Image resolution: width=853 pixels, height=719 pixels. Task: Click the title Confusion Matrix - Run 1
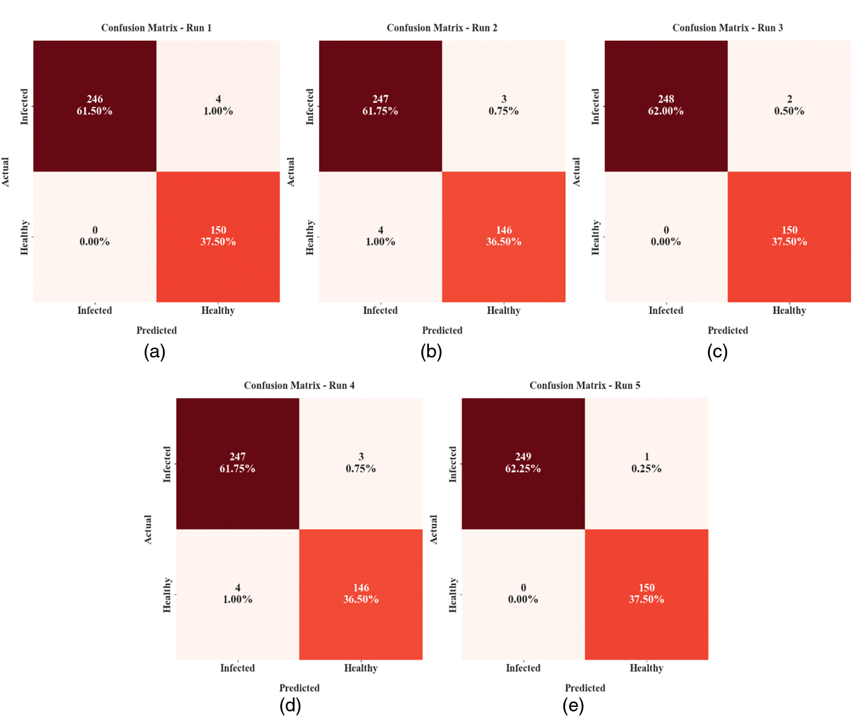156,28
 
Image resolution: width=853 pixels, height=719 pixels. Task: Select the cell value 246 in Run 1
94,99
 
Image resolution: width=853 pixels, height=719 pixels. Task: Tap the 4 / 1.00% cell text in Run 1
218,105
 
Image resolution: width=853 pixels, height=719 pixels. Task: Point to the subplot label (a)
154,352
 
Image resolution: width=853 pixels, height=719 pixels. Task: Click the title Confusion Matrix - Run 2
442,28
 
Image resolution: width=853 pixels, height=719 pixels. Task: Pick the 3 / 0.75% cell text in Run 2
503,105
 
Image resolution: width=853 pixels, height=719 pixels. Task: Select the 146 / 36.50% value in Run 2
503,236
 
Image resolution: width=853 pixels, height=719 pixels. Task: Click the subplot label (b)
431,352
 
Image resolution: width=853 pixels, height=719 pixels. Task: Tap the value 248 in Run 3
666,99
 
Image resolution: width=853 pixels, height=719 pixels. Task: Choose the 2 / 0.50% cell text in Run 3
789,105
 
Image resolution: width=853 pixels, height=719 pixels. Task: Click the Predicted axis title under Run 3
727,331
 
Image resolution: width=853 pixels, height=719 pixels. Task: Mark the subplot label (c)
717,352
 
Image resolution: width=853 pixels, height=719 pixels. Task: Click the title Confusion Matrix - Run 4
299,385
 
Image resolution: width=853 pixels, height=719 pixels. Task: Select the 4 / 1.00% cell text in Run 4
237,594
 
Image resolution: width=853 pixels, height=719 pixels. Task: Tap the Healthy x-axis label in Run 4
360,668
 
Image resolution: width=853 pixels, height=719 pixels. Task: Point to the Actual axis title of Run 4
148,529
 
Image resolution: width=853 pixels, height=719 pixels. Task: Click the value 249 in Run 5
523,456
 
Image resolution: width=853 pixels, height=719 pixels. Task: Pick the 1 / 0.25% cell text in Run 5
646,462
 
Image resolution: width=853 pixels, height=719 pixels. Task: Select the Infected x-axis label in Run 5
523,668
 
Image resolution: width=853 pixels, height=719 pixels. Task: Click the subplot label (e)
573,706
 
